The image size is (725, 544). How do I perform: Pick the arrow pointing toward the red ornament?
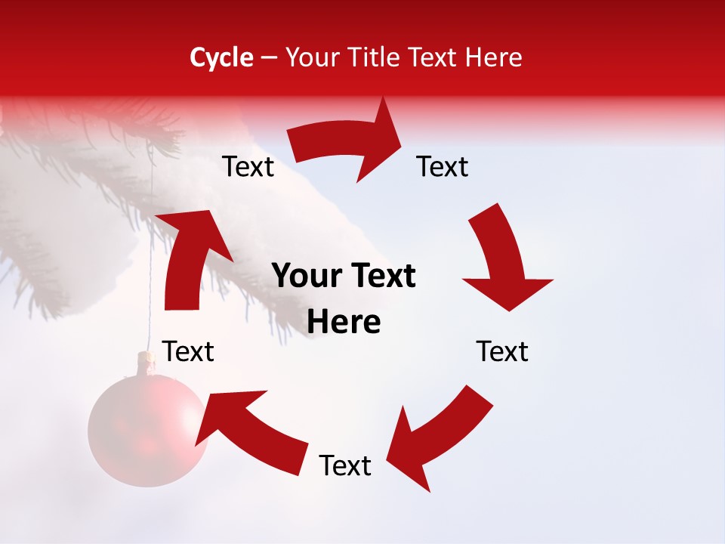[x=249, y=427]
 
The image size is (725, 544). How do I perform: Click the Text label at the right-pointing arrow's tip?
[x=443, y=167]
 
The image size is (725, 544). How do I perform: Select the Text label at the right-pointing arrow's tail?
[x=248, y=167]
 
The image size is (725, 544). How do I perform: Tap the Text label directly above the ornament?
[x=189, y=351]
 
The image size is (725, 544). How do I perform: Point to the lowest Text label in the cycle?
[x=345, y=466]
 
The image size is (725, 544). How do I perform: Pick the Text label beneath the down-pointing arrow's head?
[x=502, y=351]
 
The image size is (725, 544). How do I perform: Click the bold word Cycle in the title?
[x=221, y=57]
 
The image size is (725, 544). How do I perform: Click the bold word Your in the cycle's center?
[x=306, y=277]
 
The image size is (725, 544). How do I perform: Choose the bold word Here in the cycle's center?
[x=344, y=323]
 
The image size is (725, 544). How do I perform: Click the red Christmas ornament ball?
[x=147, y=431]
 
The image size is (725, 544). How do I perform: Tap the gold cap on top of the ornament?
[x=147, y=361]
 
